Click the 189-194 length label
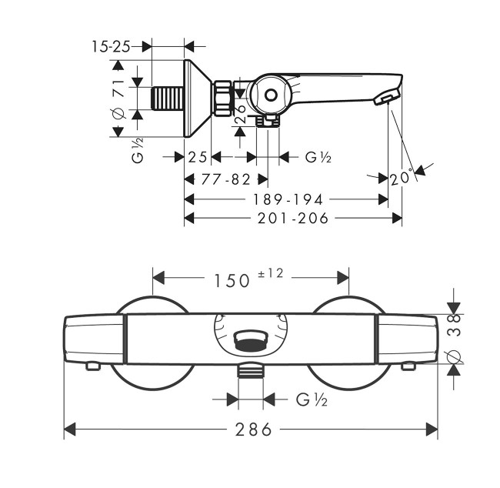click(x=288, y=199)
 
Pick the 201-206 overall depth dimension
click(x=292, y=219)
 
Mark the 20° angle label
click(x=400, y=178)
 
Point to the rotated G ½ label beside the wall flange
click(x=138, y=150)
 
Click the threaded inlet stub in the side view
click(x=168, y=99)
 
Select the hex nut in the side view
click(x=224, y=99)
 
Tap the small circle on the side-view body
click(x=269, y=95)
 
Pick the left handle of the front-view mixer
click(x=94, y=339)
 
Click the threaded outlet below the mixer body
click(x=251, y=372)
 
